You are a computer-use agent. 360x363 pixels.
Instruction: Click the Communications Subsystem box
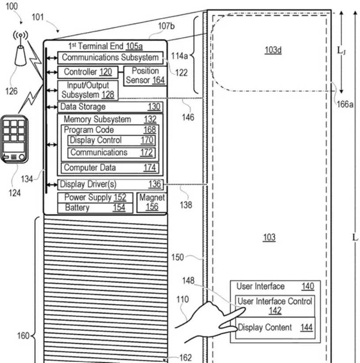tap(110, 58)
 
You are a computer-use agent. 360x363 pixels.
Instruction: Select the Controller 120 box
tap(88, 72)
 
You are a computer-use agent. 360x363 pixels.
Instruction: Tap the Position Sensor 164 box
tap(145, 76)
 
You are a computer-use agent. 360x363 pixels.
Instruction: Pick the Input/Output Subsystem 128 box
tap(88, 90)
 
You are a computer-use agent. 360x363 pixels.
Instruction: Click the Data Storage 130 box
tap(110, 107)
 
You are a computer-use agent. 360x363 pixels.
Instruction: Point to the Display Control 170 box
tap(112, 140)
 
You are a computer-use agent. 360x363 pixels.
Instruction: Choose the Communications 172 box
tap(112, 153)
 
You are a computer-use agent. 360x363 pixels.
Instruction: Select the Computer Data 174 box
tap(110, 168)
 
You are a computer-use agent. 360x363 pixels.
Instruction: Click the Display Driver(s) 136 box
tap(110, 185)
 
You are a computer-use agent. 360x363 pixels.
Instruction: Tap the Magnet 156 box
tap(152, 203)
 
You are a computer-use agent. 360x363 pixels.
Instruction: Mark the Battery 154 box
tap(95, 208)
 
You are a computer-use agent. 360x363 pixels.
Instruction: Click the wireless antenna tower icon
tap(21, 49)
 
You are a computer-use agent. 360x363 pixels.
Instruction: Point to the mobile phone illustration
tap(15, 140)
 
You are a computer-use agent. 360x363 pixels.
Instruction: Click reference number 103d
tap(273, 50)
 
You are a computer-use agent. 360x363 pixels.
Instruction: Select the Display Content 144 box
tap(275, 328)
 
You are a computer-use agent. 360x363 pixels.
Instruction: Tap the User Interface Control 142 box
tap(275, 306)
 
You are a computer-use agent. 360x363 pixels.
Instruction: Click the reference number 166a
tap(345, 104)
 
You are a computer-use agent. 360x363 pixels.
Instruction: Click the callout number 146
tap(188, 117)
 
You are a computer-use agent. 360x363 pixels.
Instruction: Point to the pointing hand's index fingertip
tap(244, 309)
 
